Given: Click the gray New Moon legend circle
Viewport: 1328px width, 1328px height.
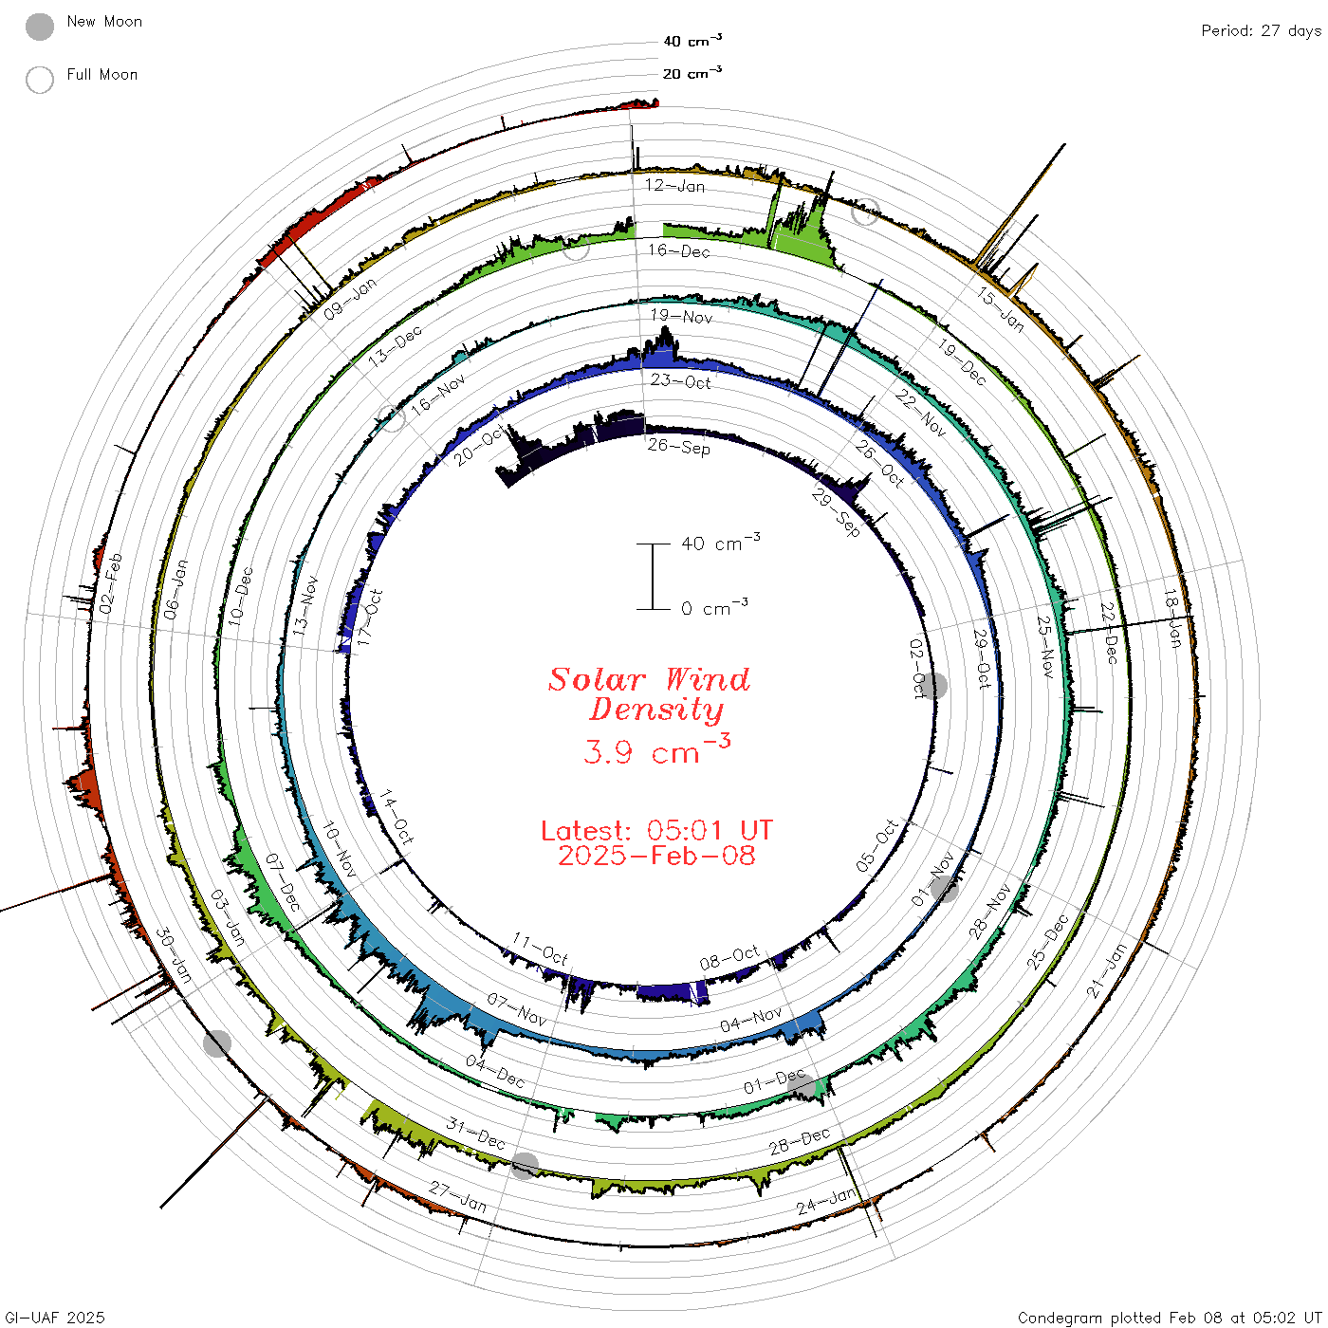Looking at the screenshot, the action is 39,27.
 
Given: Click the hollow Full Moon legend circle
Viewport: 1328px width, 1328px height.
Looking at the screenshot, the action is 39,80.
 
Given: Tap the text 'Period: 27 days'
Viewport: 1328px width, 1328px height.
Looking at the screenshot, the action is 1261,31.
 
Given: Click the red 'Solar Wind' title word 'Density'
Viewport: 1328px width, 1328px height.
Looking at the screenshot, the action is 655,710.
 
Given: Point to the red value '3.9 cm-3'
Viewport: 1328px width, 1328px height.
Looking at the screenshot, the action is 656,749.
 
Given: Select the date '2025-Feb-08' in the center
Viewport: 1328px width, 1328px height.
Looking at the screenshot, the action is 656,856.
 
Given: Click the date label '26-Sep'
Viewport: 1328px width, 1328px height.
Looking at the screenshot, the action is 678,447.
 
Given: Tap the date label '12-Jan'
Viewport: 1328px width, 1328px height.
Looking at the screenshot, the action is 674,185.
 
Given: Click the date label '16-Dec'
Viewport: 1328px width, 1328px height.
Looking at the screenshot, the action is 678,250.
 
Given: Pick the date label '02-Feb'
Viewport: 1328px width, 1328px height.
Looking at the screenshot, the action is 110,583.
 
